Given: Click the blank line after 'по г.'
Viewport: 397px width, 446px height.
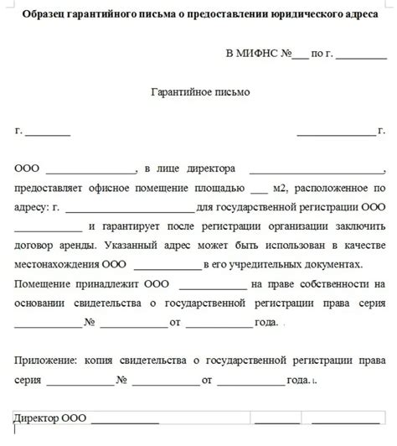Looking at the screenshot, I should [360, 55].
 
